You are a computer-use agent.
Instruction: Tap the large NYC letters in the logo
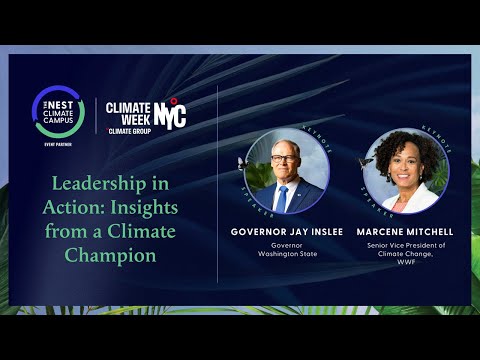[170, 113]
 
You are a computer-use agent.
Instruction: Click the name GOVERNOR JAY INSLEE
[286, 230]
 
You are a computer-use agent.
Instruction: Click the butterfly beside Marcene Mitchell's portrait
[366, 162]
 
